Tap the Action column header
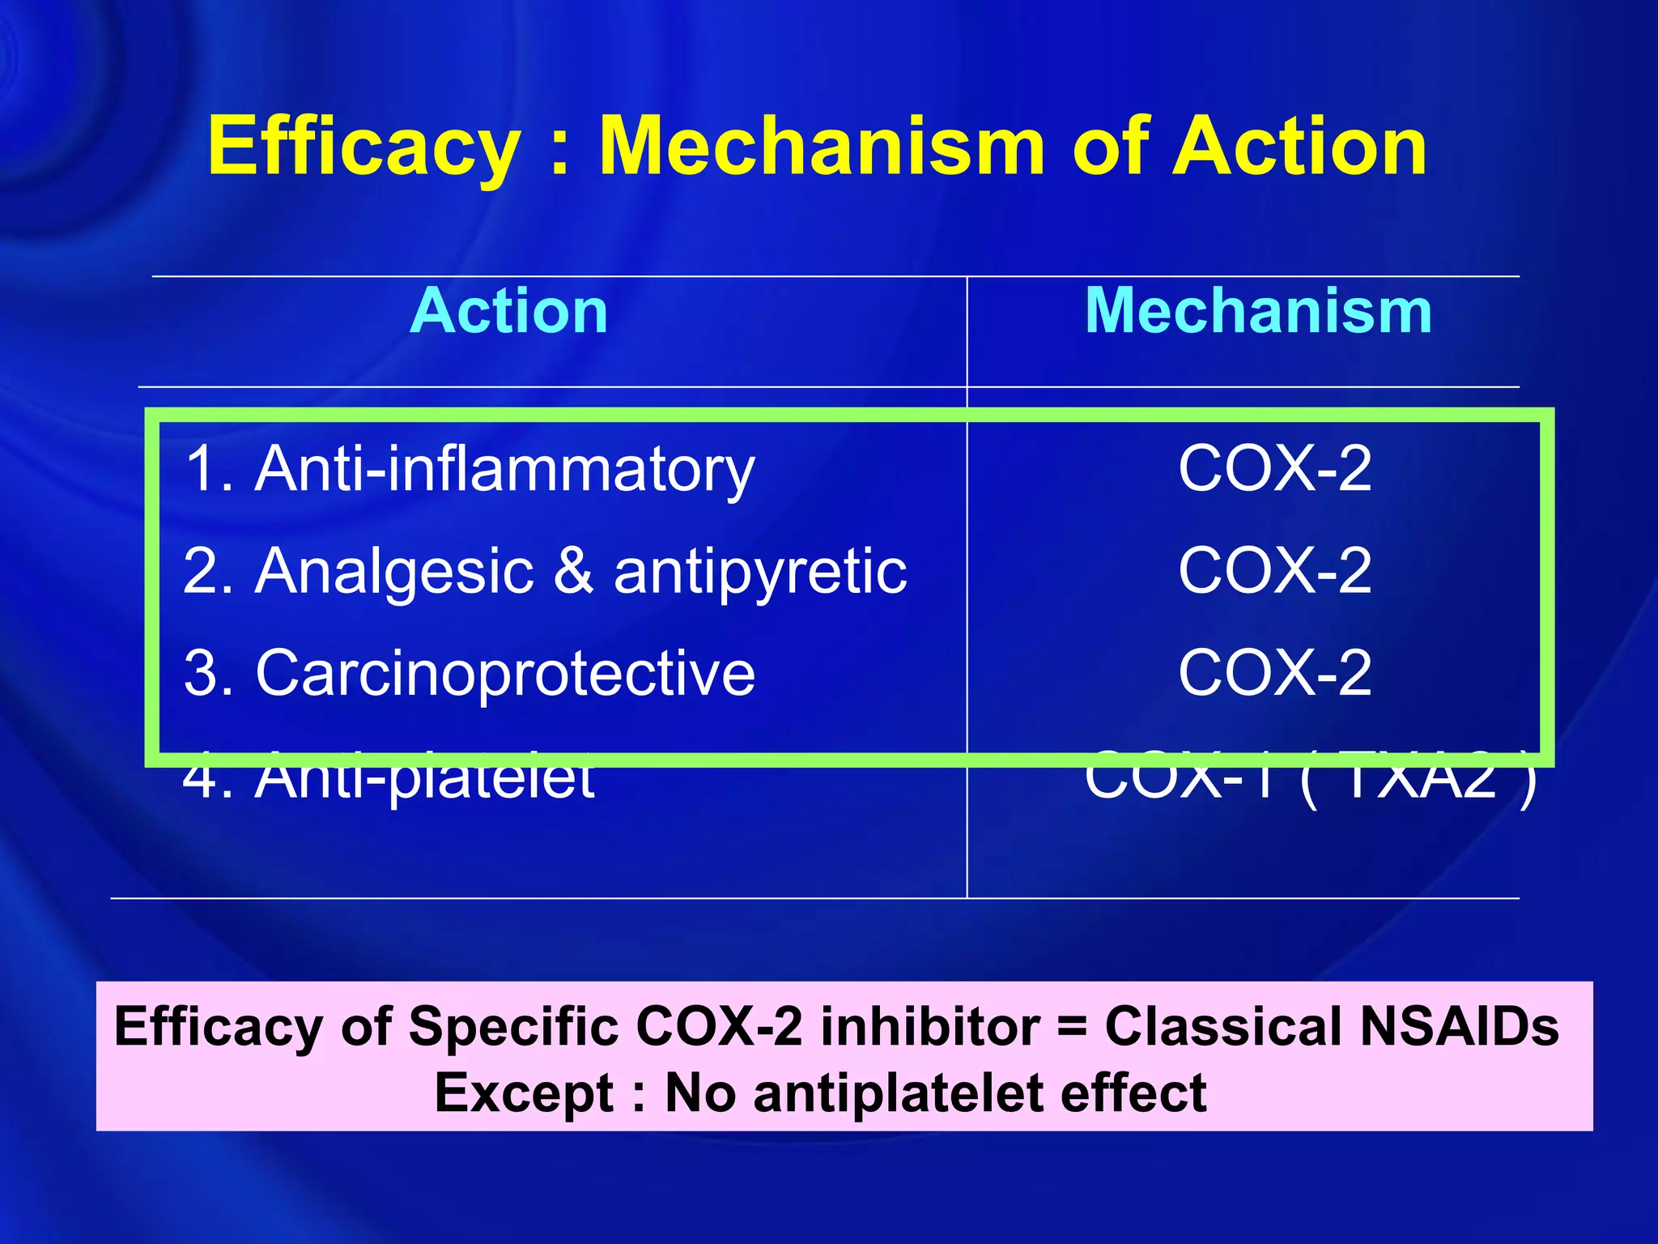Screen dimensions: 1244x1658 click(x=509, y=311)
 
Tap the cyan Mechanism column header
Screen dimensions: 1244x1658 click(x=1258, y=311)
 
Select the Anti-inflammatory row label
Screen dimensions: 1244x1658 click(x=470, y=470)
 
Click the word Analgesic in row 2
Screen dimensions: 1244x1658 click(x=394, y=572)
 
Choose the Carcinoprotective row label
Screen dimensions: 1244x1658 click(x=470, y=674)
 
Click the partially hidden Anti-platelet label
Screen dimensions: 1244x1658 click(x=389, y=782)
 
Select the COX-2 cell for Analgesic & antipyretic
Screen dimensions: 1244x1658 click(x=1275, y=571)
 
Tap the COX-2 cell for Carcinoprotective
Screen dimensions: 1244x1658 click(x=1275, y=673)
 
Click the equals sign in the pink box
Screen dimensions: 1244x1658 click(x=1072, y=1027)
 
